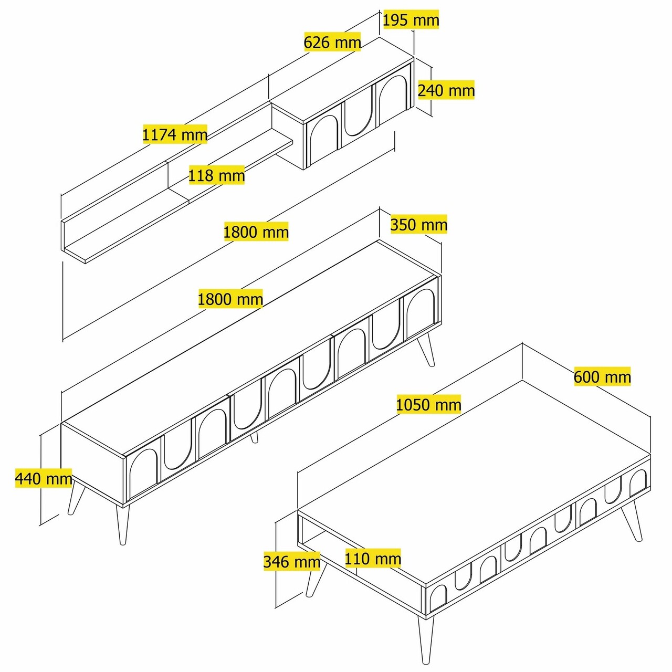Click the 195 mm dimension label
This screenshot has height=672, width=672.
(410, 20)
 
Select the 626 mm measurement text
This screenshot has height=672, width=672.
(332, 42)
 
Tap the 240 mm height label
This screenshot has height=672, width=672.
(446, 90)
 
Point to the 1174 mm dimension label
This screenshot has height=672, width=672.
(175, 134)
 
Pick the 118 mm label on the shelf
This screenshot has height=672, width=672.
(216, 175)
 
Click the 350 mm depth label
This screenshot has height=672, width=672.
(418, 225)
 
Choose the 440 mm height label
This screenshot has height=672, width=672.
(44, 478)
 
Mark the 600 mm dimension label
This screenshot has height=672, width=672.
(602, 377)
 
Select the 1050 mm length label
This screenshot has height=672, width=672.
(428, 405)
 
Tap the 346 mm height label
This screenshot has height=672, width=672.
(291, 562)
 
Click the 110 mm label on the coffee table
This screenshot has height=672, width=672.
(373, 558)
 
